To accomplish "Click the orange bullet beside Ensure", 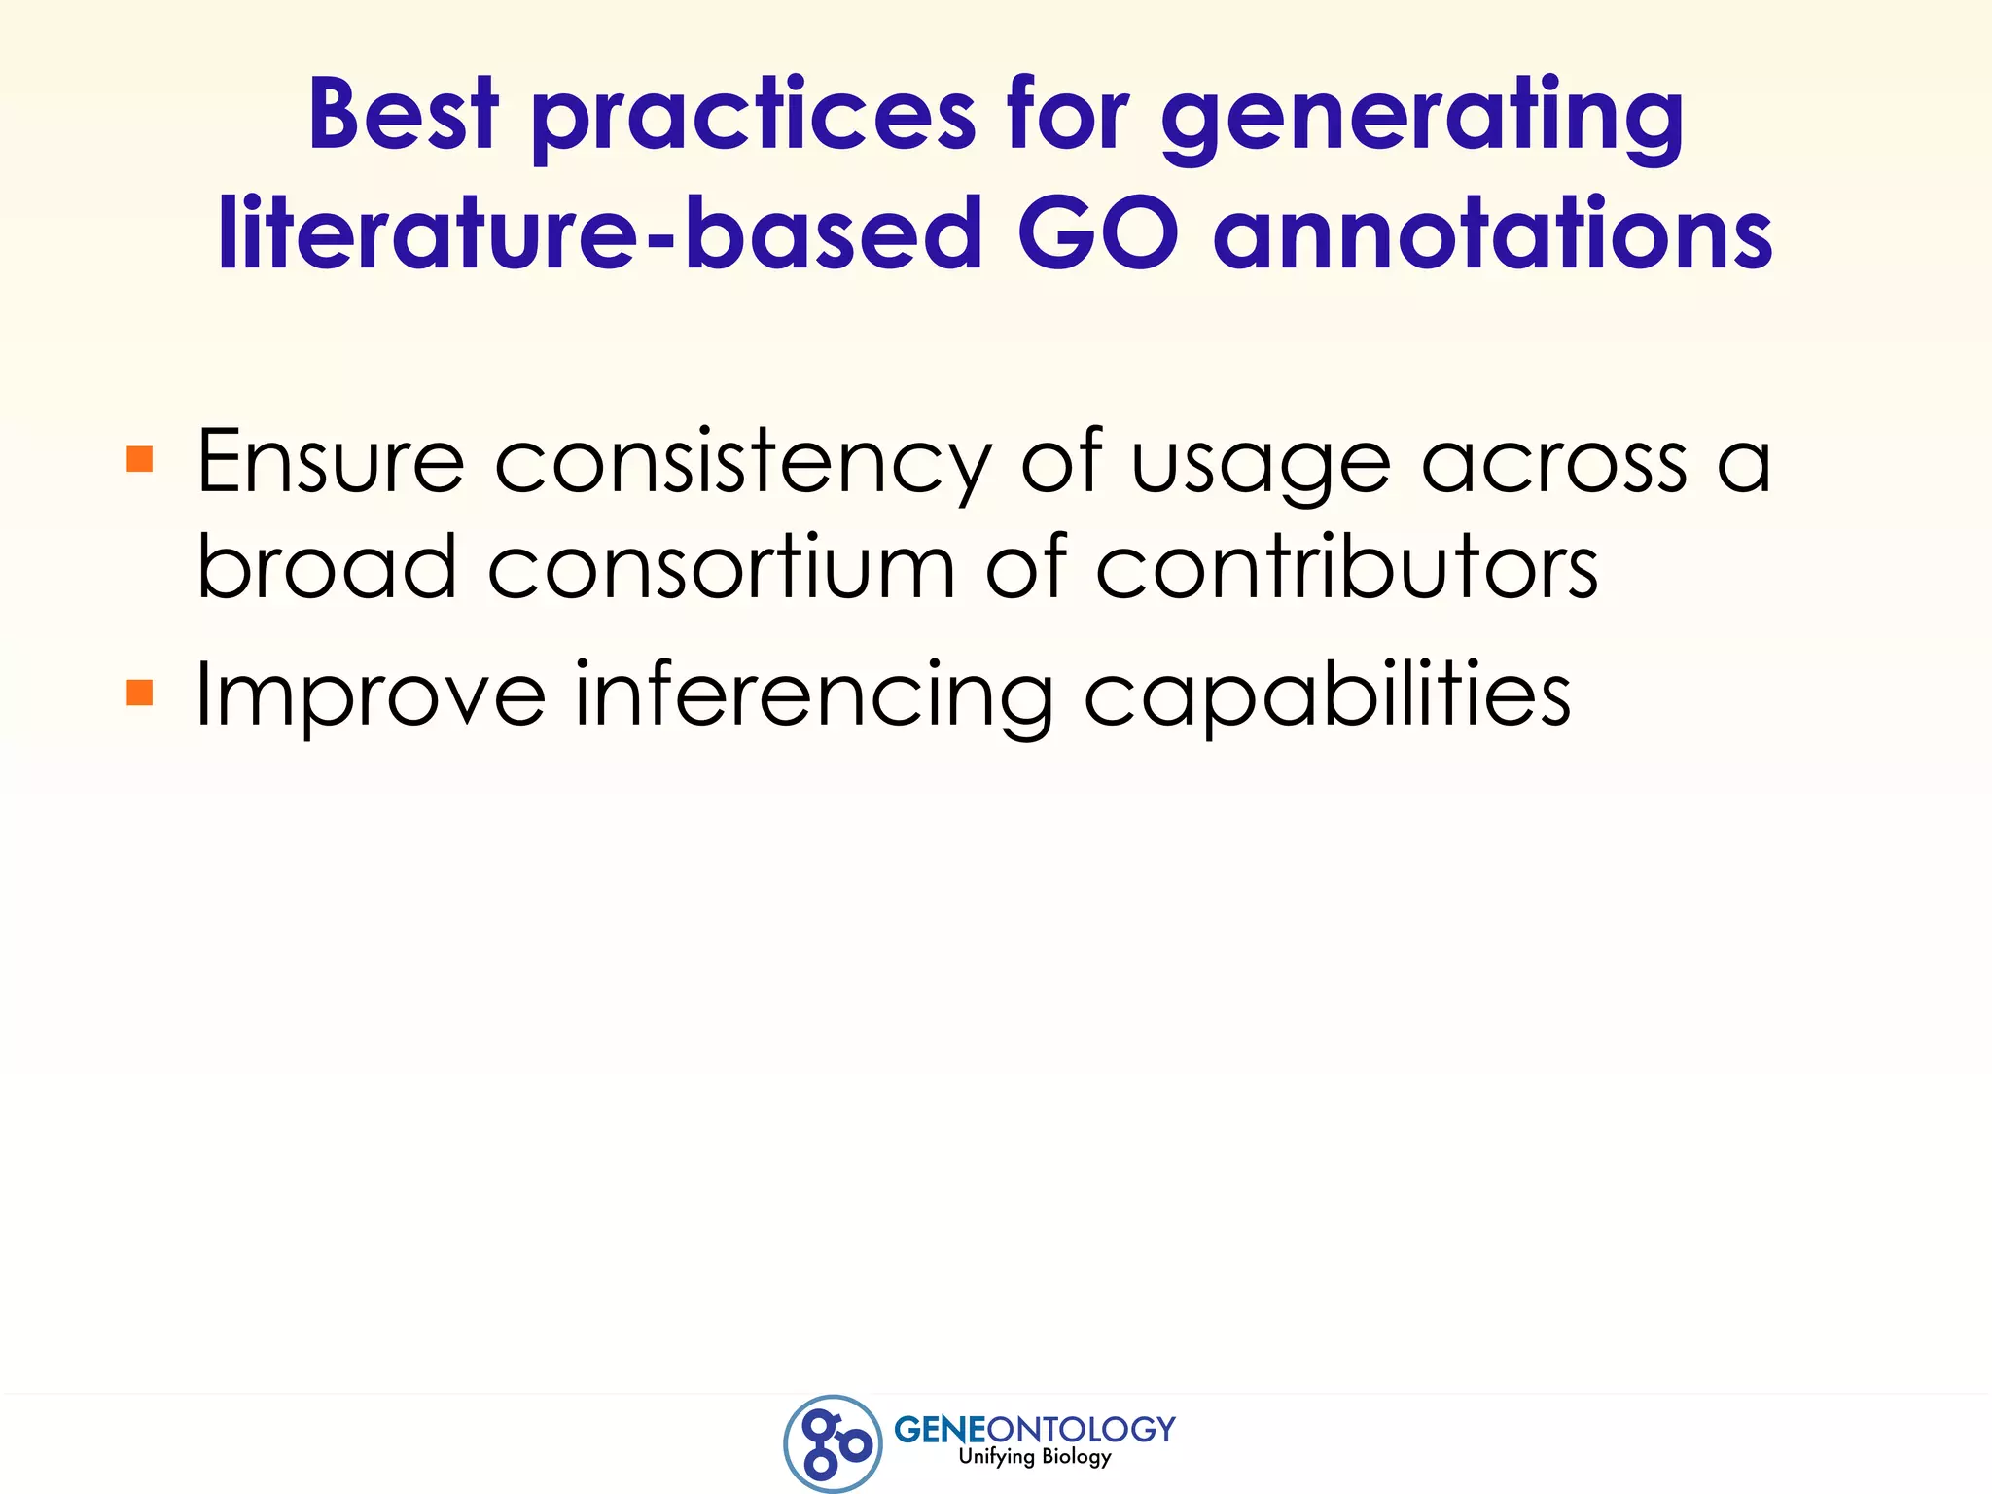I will (140, 459).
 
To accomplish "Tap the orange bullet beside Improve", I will (140, 693).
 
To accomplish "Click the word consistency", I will (744, 465).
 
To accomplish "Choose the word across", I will (1554, 464).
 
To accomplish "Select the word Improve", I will (371, 696).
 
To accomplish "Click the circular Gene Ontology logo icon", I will (833, 1443).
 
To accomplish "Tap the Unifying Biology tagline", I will (1034, 1457).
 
